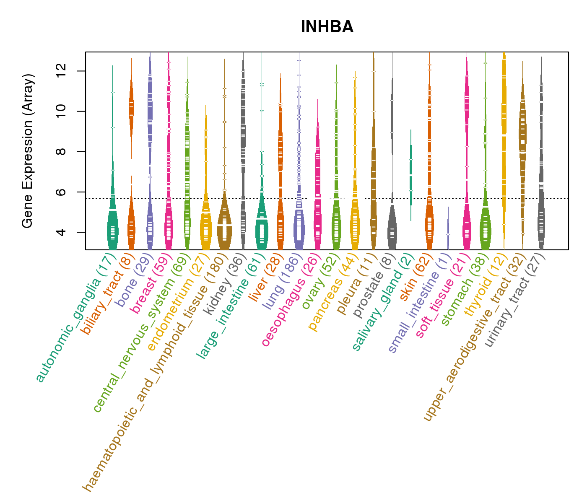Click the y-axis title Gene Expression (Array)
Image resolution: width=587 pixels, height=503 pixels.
point(28,151)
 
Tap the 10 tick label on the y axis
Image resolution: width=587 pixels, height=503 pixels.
point(60,111)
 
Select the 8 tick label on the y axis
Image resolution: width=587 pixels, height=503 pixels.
point(60,151)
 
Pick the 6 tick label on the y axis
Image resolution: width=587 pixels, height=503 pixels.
point(60,192)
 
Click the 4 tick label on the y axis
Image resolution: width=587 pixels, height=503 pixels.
point(60,232)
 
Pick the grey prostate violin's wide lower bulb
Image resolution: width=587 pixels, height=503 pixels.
point(392,231)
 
